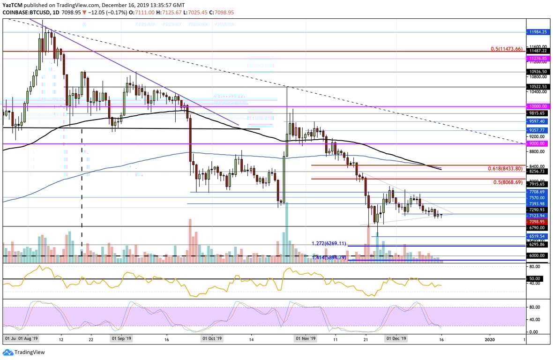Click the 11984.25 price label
pyautogui.click(x=538, y=33)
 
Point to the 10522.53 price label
pyautogui.click(x=538, y=87)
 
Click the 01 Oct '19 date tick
pyautogui.click(x=212, y=338)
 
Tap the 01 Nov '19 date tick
pyautogui.click(x=306, y=338)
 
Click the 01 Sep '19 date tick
pyautogui.click(x=121, y=338)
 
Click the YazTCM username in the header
pyautogui.click(x=14, y=4)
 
